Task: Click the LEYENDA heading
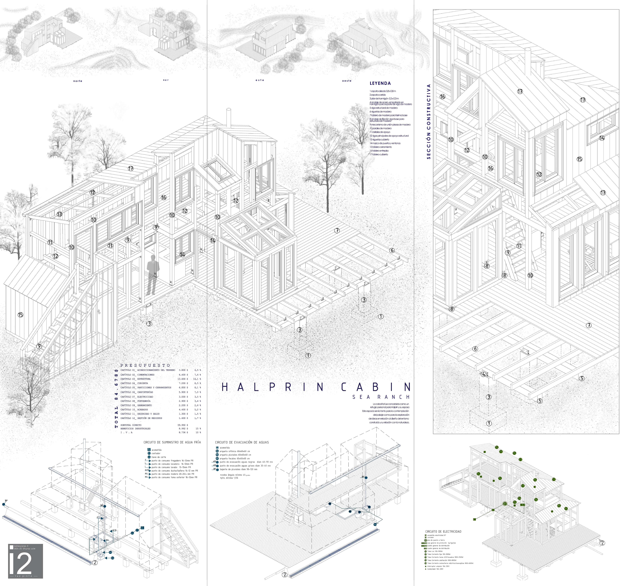380,83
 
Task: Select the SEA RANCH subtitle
381,397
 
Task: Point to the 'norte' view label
78,81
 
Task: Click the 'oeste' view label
347,81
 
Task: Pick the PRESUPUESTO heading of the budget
145,365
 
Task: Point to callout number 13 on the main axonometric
59,214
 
